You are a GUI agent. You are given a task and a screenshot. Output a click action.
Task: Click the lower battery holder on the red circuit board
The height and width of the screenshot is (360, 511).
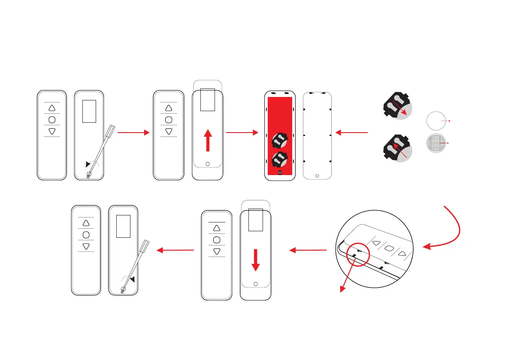coord(279,159)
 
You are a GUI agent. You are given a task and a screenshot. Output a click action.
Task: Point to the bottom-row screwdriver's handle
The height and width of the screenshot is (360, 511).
coord(145,246)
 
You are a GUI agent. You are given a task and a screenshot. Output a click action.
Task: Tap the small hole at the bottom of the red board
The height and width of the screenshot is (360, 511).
coord(279,172)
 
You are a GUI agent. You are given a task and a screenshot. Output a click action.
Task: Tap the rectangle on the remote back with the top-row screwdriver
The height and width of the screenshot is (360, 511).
coord(89,111)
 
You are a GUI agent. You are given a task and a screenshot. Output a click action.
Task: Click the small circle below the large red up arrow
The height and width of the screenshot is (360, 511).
coord(208,164)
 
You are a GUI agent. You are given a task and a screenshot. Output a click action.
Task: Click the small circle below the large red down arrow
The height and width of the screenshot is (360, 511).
coord(256,284)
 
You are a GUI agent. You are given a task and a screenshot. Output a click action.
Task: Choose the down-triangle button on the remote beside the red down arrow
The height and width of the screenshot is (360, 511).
coord(217,252)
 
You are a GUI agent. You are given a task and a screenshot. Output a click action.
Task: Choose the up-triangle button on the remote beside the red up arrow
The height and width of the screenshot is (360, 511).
coord(169,108)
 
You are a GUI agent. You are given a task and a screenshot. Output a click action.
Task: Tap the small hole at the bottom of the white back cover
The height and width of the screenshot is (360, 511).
coord(317,175)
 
